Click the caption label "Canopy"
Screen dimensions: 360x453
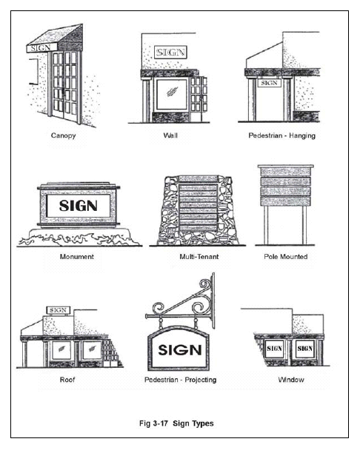(63, 135)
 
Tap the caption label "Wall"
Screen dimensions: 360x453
(170, 135)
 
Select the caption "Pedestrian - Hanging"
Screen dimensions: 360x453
(282, 135)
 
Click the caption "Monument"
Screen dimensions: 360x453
(77, 257)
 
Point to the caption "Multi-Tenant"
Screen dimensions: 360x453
(199, 257)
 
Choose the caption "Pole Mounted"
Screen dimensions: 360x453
(286, 257)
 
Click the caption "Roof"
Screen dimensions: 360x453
(67, 379)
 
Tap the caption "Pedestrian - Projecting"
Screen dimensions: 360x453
(181, 380)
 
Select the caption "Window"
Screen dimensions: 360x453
(291, 379)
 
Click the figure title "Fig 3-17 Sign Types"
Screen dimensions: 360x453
(176, 423)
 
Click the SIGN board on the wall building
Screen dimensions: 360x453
(170, 53)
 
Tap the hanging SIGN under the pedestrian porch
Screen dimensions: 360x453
(270, 83)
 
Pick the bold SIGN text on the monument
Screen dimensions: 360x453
(79, 206)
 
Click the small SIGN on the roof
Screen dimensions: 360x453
(59, 310)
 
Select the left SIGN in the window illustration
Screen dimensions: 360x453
(274, 349)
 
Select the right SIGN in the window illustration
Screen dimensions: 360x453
(305, 349)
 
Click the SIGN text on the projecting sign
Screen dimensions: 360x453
(180, 350)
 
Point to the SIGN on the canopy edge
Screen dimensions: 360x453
(41, 48)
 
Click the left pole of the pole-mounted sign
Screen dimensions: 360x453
(266, 225)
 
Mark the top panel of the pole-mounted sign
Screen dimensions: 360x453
(286, 171)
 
